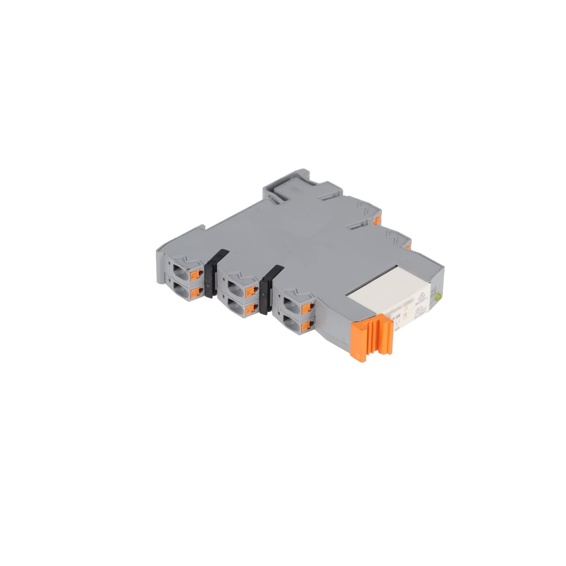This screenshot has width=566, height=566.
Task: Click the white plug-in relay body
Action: (x=390, y=293)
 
